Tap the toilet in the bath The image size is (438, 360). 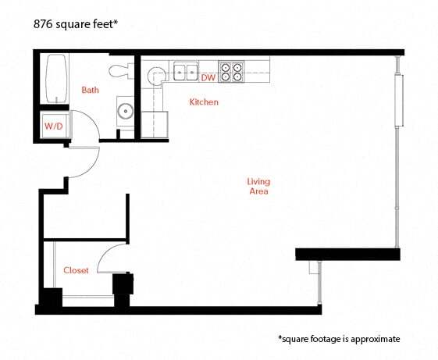point(119,71)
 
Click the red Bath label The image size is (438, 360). point(91,90)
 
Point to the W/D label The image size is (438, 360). point(53,125)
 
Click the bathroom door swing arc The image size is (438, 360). point(92,160)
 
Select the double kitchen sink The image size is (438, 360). point(186,72)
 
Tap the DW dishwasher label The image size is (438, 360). point(208,78)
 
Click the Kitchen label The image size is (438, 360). point(204,102)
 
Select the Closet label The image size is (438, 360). point(76,270)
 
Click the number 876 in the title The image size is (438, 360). point(45,23)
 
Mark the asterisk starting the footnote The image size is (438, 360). point(280,338)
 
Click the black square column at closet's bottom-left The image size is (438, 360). point(51,298)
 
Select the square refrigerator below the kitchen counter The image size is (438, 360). point(155,124)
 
